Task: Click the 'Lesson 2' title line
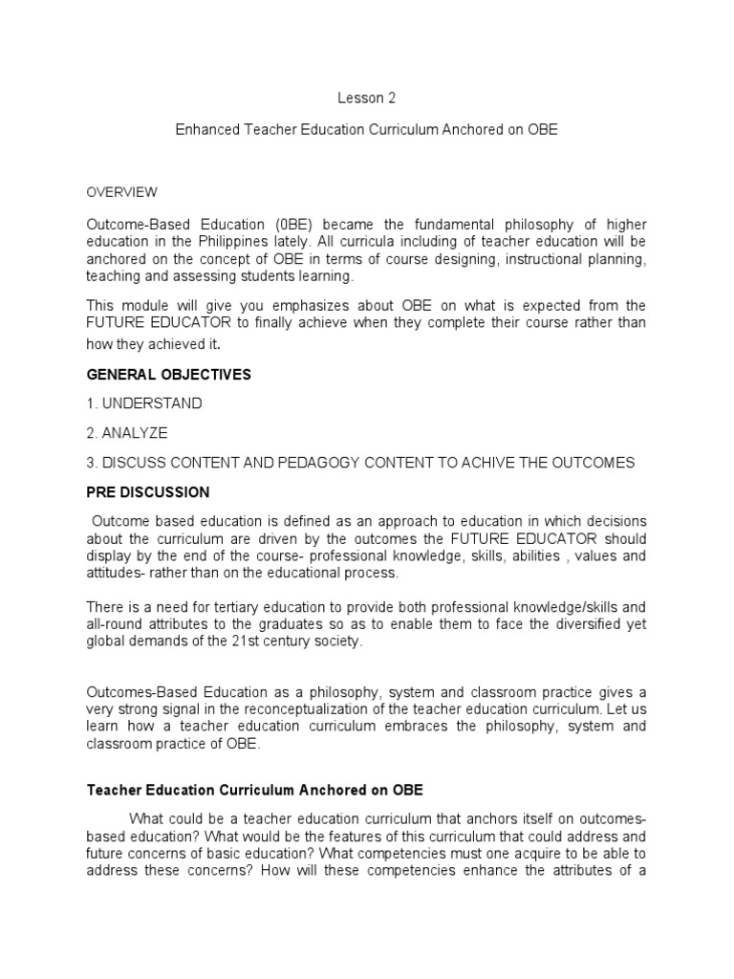click(x=366, y=98)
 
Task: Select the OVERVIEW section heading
click(x=122, y=192)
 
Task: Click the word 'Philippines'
click(x=237, y=241)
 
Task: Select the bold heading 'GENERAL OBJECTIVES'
click(x=169, y=375)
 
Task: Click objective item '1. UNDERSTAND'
click(x=144, y=403)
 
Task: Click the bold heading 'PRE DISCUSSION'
click(x=148, y=492)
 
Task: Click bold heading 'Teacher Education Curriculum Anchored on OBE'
click(x=255, y=791)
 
